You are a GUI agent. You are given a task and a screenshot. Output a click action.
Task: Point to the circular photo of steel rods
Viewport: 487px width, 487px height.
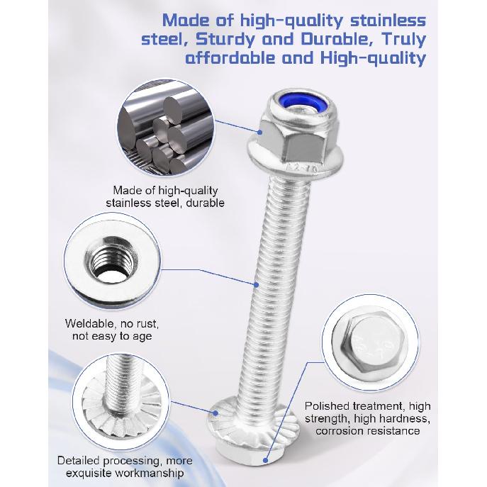pos(165,129)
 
